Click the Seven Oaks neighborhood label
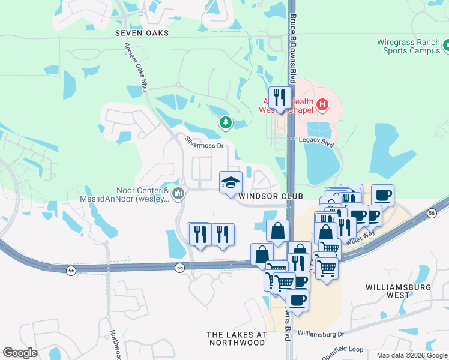[142, 34]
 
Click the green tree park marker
[225, 123]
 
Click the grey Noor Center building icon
[178, 193]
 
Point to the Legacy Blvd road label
[316, 139]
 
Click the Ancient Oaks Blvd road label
[136, 66]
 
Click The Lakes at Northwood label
[237, 338]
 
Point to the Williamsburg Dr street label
[322, 333]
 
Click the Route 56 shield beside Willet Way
[432, 213]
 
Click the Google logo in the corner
[20, 353]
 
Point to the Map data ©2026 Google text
[412, 355]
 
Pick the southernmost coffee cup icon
[297, 299]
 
